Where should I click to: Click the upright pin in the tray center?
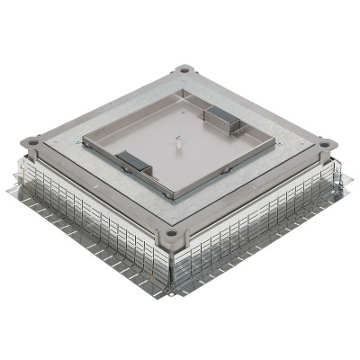tap(181, 134)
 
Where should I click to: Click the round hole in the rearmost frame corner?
tap(184, 68)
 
